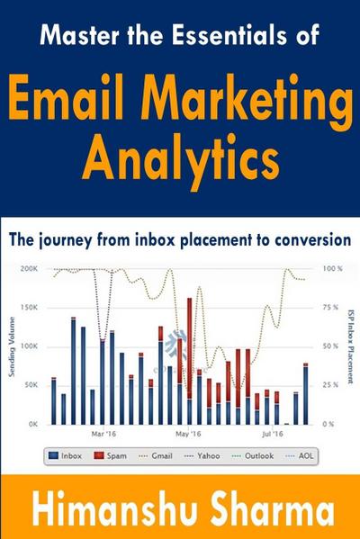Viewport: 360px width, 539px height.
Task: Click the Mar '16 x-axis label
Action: coord(105,433)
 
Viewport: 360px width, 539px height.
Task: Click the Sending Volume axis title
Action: coord(11,346)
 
